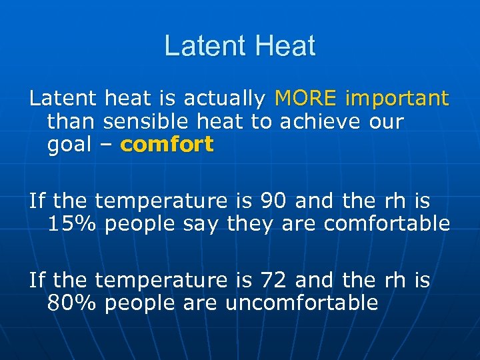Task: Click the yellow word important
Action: point(397,99)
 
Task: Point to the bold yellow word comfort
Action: point(167,144)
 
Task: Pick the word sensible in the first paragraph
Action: point(142,121)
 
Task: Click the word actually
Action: point(225,99)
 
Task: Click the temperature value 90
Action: point(274,200)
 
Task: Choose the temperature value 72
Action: point(274,280)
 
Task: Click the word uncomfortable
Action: point(301,303)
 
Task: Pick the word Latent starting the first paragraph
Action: point(62,99)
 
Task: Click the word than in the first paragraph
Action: point(69,121)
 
